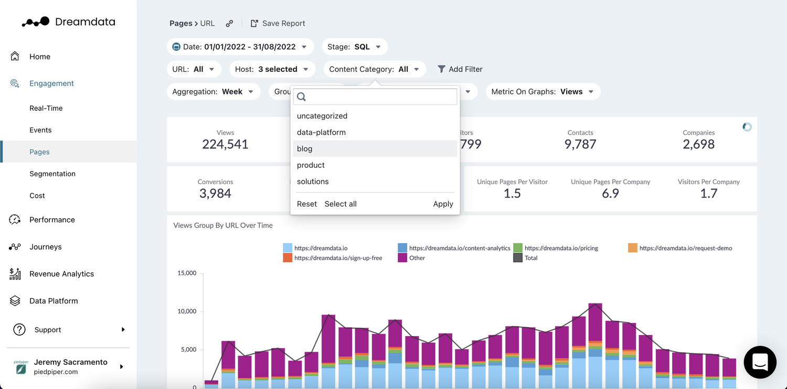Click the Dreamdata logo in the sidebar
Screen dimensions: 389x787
[x=68, y=22]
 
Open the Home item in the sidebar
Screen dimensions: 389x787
[x=39, y=57]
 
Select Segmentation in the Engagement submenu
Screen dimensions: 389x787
[x=52, y=174]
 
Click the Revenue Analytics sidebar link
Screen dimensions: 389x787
[x=61, y=274]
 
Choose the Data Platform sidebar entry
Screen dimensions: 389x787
[x=53, y=301]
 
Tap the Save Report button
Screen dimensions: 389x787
[x=278, y=24]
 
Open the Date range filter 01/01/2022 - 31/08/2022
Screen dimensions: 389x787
[x=240, y=47]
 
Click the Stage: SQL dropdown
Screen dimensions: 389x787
[x=354, y=47]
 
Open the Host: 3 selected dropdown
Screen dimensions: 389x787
[x=272, y=69]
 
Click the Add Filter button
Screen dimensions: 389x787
[x=460, y=69]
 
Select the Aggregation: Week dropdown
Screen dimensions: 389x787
[x=213, y=92]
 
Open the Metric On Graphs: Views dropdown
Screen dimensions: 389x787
[x=543, y=92]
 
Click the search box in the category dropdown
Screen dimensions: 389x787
[x=375, y=96]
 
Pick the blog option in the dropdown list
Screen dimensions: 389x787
[x=305, y=149]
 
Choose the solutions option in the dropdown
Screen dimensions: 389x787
[x=313, y=181]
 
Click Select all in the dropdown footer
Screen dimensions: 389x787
[x=341, y=204]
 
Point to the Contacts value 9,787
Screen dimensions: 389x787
[x=580, y=144]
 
